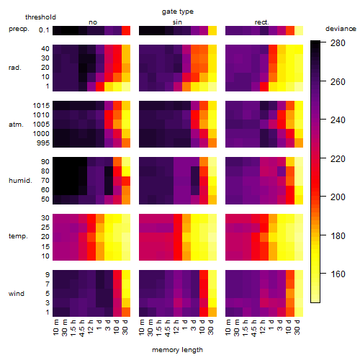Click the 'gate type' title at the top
pos(178,12)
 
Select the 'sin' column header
pos(177,22)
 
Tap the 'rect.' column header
pos(262,22)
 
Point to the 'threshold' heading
pos(40,17)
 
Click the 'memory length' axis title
pos(177,350)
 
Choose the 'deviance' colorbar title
pos(341,29)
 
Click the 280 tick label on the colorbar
pos(338,43)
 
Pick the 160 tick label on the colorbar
pos(338,274)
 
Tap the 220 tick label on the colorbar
pos(338,158)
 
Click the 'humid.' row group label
pos(20,180)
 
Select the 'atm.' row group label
pos(16,125)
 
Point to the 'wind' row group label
pos(17,293)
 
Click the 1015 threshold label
pos(41,105)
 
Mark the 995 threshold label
pos(43,143)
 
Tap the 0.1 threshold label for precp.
pos(44,30)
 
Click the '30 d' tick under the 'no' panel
pos(125,327)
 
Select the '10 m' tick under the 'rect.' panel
pos(228,327)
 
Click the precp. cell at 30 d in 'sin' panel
pos(212,30)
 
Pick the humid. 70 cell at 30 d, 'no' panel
pos(126,181)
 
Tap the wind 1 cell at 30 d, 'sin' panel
pos(212,312)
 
